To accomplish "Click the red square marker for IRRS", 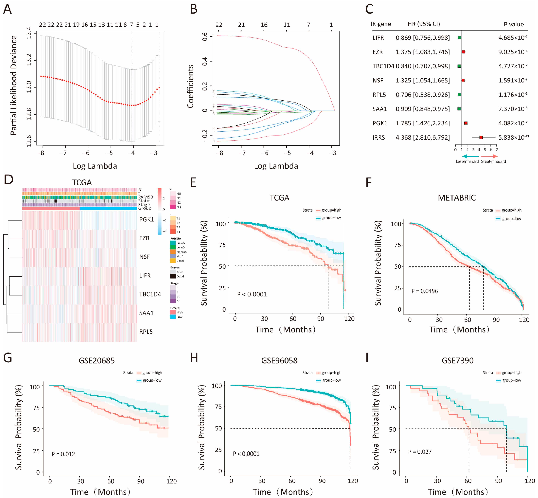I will [481, 137].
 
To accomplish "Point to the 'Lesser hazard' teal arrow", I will [470, 156].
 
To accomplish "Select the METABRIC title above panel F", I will [457, 198].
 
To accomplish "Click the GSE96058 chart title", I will [279, 361].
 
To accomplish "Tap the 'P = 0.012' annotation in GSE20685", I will [63, 454].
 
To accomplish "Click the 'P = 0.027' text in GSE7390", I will [420, 452].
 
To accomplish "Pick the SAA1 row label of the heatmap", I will [146, 313].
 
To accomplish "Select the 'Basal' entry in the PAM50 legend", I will [180, 261].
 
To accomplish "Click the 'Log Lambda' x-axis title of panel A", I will [95, 166].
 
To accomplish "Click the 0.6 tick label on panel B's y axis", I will [205, 36].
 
